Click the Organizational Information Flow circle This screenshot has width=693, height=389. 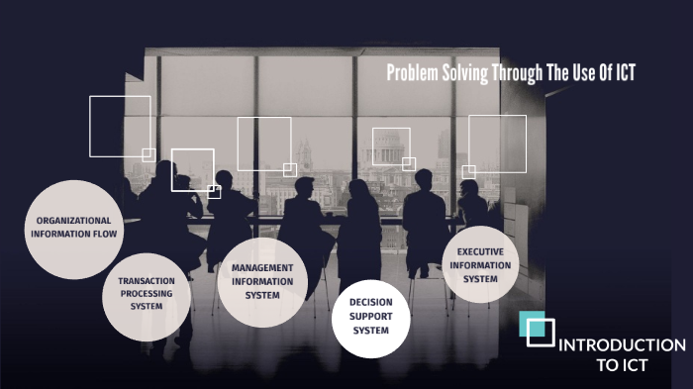pyautogui.click(x=72, y=228)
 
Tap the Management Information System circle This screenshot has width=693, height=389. pyautogui.click(x=261, y=281)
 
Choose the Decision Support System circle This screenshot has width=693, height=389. pyautogui.click(x=370, y=319)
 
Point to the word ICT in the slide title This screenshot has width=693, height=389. pyautogui.click(x=621, y=73)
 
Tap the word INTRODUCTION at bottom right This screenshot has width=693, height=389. pyautogui.click(x=622, y=345)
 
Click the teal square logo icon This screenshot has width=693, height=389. pyautogui.click(x=539, y=329)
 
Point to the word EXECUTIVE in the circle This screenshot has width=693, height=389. pyautogui.click(x=480, y=251)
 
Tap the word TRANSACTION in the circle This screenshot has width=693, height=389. pyautogui.click(x=147, y=280)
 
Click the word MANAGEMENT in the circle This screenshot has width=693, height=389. pyautogui.click(x=262, y=267)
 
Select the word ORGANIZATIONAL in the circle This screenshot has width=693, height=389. pyautogui.click(x=72, y=220)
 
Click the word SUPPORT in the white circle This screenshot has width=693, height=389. pyautogui.click(x=371, y=317)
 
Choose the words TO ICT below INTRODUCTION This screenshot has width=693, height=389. pyautogui.click(x=622, y=364)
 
